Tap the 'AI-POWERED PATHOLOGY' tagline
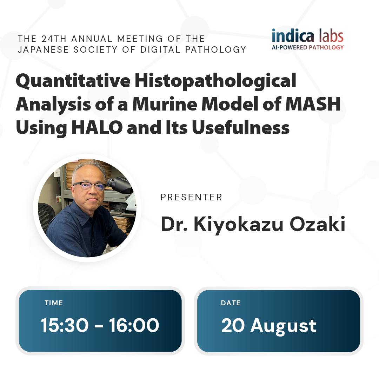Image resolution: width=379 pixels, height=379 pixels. (x=308, y=47)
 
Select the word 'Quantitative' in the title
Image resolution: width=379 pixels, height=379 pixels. (x=73, y=81)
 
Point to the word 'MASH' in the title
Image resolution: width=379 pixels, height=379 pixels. (x=313, y=104)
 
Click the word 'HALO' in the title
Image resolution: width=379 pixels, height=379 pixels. (x=97, y=127)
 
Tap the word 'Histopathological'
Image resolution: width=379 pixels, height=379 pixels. (x=215, y=81)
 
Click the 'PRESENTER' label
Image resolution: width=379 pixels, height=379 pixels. (x=191, y=197)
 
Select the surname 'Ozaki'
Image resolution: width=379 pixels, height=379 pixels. (x=317, y=224)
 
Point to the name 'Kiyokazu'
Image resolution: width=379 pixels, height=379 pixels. (x=238, y=224)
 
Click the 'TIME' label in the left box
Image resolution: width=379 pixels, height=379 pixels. (x=54, y=303)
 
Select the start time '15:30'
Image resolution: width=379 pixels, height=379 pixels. (x=65, y=325)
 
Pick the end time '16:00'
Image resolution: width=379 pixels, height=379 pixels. (x=134, y=325)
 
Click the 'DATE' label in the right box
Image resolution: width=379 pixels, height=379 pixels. (x=231, y=303)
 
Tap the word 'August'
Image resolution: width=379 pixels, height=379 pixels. (x=283, y=326)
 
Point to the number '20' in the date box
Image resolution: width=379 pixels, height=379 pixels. (x=233, y=325)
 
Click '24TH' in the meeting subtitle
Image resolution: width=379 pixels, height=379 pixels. (x=54, y=39)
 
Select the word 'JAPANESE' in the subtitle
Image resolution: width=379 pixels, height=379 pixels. (x=43, y=49)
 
